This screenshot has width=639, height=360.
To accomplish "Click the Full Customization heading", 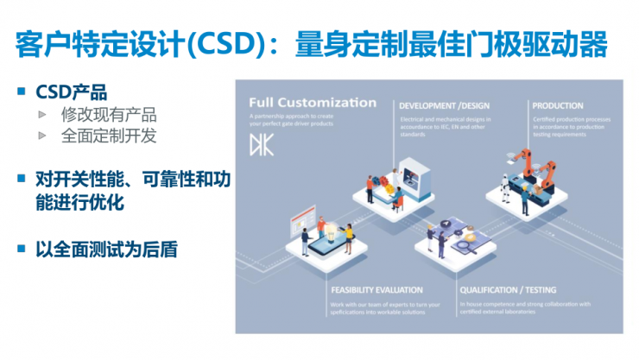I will [x=313, y=103].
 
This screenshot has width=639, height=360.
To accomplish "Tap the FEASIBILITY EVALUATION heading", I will [x=376, y=290].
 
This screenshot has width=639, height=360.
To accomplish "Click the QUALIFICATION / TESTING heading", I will [x=508, y=290].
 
